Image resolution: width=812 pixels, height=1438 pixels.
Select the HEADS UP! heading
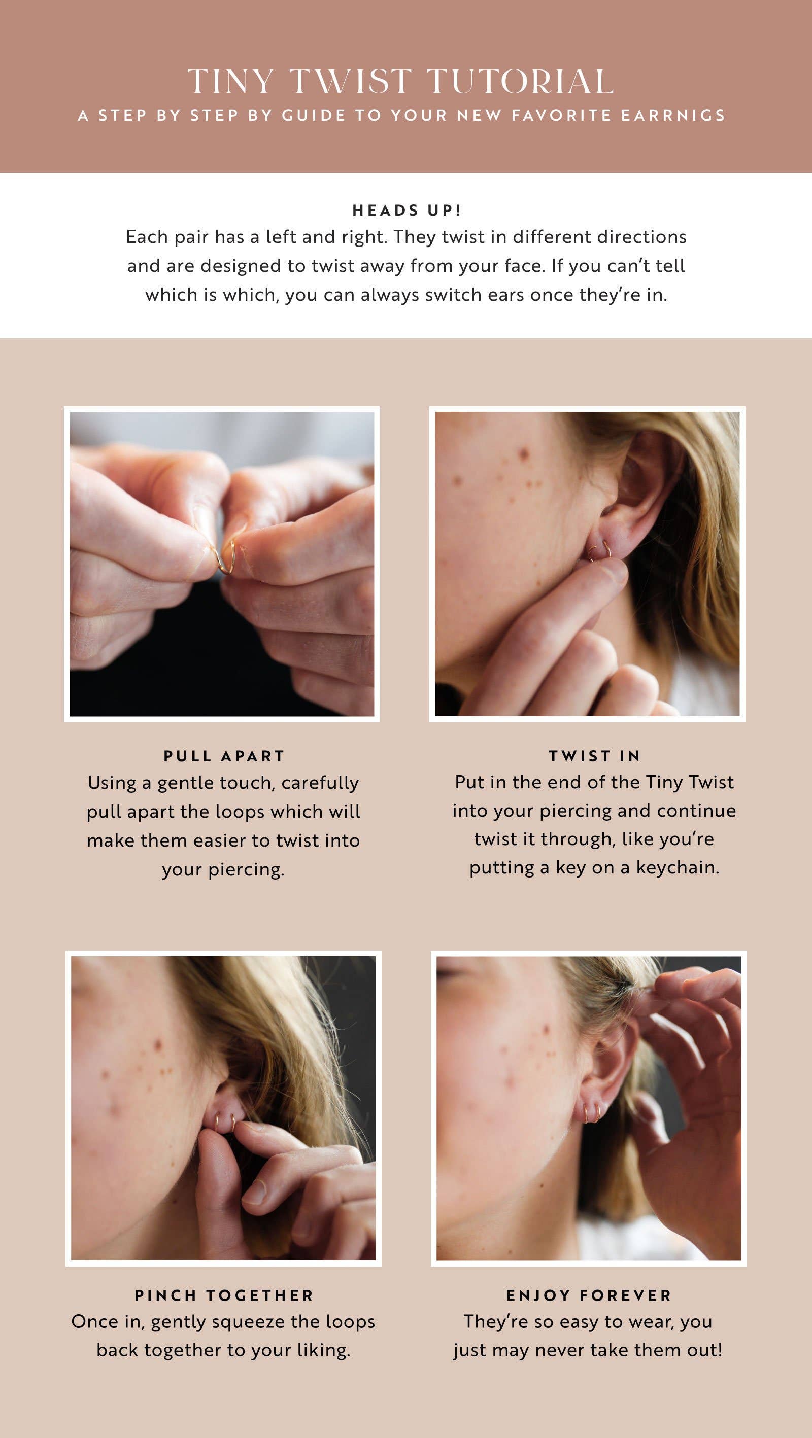click(x=407, y=211)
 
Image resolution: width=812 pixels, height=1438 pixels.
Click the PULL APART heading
click(x=224, y=756)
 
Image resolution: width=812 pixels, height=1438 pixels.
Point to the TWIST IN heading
click(x=594, y=756)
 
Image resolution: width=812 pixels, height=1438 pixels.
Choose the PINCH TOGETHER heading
click(x=224, y=1295)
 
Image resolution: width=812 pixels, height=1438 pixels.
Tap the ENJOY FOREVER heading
click(x=589, y=1295)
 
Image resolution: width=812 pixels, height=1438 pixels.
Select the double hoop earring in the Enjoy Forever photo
click(x=591, y=1111)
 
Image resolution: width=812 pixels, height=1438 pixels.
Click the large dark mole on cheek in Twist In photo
click(x=525, y=451)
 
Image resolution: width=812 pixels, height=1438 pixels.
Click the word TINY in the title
click(x=230, y=82)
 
